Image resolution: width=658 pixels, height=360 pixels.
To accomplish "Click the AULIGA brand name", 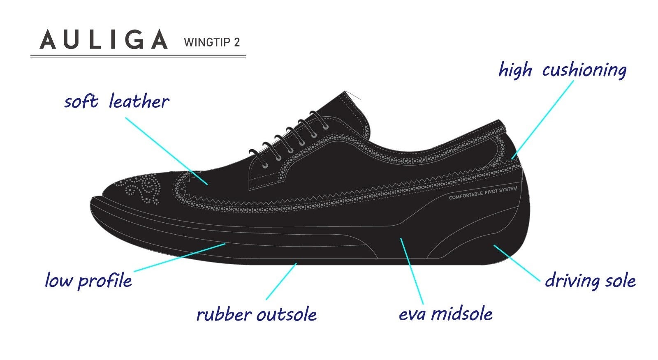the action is coord(104,40).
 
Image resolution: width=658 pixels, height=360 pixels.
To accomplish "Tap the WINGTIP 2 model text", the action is coord(212,42).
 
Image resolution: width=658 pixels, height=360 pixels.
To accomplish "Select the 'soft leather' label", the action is coord(116,102).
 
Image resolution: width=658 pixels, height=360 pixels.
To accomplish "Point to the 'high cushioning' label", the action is coord(562,70).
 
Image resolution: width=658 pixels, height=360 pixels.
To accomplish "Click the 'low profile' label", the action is coord(88,280).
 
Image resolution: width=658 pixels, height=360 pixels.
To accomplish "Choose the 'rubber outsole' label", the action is coord(257,314).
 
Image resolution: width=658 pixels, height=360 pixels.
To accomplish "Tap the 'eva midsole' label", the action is coord(445,314).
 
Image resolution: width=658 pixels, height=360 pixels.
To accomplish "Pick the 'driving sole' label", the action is coord(590,281).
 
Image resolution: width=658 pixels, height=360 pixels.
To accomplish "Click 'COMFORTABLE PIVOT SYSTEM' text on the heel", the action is coord(483,193).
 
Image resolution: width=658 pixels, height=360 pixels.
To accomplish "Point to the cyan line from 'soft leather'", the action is coord(166,150).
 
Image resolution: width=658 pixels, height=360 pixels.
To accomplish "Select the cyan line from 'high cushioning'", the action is coord(543,119).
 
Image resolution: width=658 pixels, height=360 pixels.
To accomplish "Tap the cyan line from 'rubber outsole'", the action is coord(281,281).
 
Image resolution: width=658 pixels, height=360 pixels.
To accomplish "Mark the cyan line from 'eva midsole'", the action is coord(412,271).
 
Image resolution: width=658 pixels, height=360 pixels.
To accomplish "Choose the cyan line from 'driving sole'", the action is coord(517,263).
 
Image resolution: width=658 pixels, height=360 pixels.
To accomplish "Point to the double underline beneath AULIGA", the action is coord(138,56).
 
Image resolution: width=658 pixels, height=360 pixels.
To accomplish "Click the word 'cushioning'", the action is coord(584,70).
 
